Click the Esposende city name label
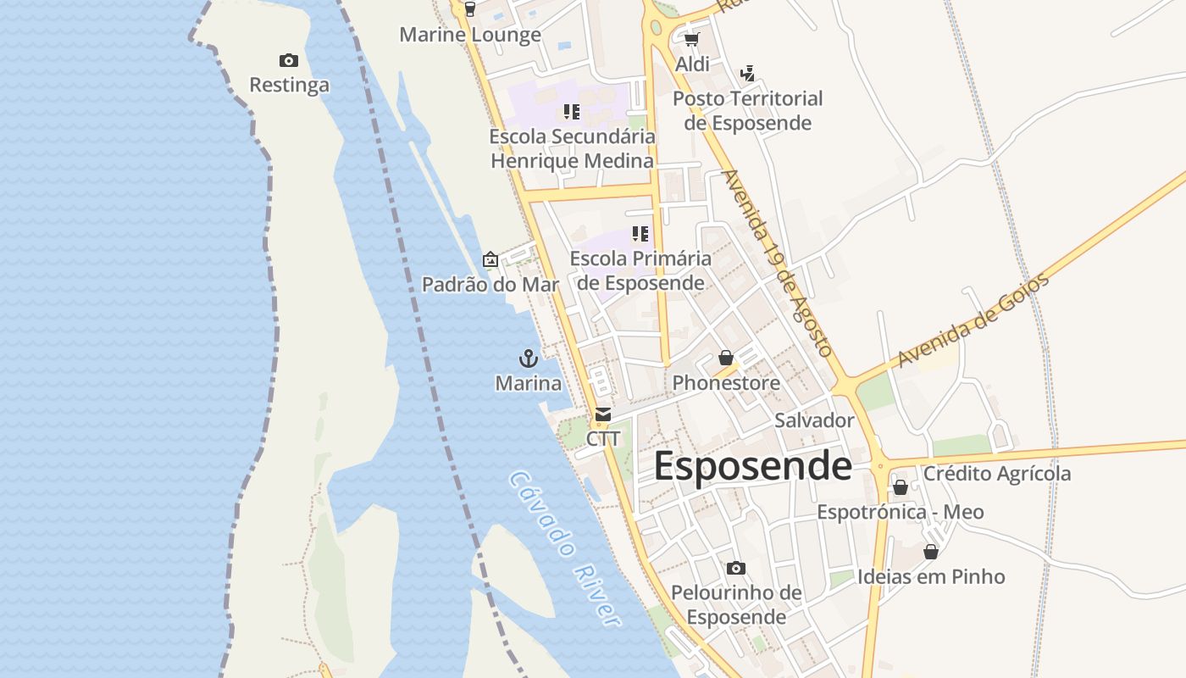tap(752, 467)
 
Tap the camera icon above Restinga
tap(289, 60)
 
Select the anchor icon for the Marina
tap(529, 358)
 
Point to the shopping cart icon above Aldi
tap(692, 39)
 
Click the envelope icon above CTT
tap(603, 414)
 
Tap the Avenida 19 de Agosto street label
tap(777, 263)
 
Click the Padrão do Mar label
tap(490, 284)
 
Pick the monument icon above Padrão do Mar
tap(490, 259)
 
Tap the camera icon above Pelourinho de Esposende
tap(736, 568)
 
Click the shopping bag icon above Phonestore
tap(726, 358)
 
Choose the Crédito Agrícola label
tap(997, 474)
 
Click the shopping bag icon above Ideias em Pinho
tap(931, 552)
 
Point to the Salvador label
tap(814, 420)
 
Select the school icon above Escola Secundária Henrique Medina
tap(572, 111)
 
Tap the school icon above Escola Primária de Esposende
tap(640, 233)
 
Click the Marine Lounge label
tap(470, 35)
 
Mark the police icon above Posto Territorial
tap(747, 74)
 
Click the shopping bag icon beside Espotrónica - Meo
tap(901, 487)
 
